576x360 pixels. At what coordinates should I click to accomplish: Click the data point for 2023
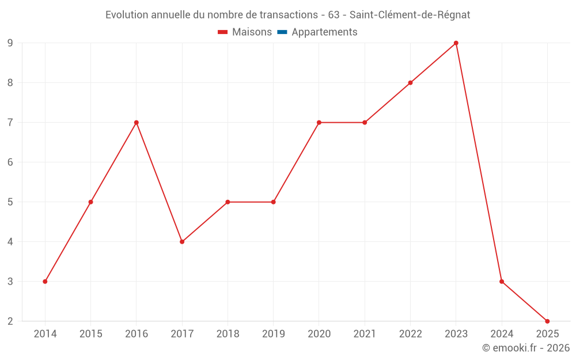click(456, 43)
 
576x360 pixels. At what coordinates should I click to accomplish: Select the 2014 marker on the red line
click(45, 282)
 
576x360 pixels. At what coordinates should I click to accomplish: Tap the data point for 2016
click(137, 123)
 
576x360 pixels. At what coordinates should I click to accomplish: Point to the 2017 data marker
click(182, 242)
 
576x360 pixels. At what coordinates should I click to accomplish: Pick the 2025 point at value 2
click(547, 321)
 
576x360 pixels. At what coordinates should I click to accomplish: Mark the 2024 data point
click(502, 282)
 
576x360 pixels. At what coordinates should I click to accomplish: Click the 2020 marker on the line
click(319, 123)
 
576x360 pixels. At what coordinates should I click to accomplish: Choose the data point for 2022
click(410, 83)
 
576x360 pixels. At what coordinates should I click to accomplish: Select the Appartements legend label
click(324, 32)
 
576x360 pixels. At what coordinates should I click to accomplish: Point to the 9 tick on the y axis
click(10, 43)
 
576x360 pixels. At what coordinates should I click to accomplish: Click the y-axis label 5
click(10, 202)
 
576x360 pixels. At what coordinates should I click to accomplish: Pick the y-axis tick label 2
click(10, 321)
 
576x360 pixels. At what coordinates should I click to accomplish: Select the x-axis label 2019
click(273, 334)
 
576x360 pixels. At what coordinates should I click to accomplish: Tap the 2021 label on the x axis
click(365, 334)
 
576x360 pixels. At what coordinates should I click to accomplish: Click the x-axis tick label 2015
click(90, 334)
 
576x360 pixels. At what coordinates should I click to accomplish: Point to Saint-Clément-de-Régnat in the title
click(410, 15)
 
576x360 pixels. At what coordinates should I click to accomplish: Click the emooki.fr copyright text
click(525, 348)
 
